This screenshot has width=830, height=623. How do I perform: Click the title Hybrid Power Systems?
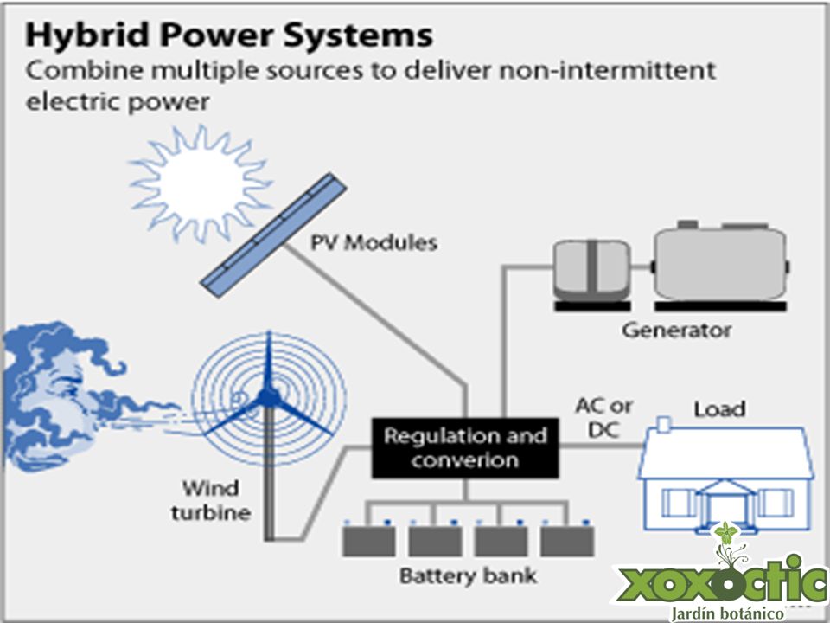pos(229,35)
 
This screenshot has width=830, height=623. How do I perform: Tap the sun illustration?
pos(201,183)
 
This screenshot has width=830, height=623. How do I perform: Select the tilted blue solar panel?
pos(273,234)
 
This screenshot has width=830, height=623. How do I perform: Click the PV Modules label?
pos(373,242)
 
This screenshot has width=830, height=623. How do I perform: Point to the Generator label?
pos(676,330)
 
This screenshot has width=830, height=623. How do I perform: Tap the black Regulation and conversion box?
pos(465,448)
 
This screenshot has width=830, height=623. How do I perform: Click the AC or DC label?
pos(604,417)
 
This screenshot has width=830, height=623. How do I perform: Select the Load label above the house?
pos(719,409)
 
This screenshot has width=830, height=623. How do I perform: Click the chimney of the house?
pos(663,424)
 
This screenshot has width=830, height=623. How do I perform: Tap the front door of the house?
pos(724,510)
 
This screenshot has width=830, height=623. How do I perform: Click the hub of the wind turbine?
pos(268,397)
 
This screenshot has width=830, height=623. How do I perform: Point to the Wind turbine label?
pos(211,500)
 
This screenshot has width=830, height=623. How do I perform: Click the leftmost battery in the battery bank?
pos(369,540)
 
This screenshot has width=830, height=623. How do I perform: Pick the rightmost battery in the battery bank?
pos(567,540)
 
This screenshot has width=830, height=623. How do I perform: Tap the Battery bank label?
pos(468,575)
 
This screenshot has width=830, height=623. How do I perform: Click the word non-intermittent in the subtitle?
pos(607,70)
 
